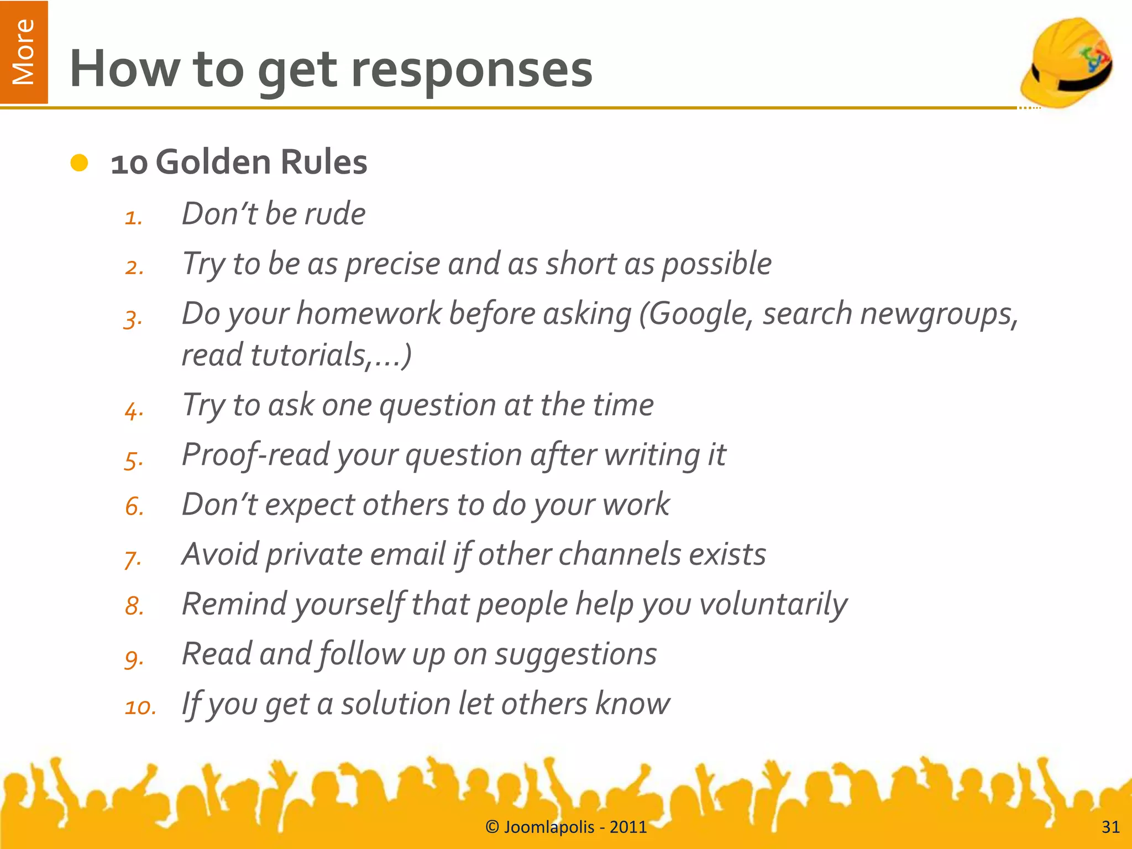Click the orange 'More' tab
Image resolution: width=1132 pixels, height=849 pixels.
[x=24, y=52]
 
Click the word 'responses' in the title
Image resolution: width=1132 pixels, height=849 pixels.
[x=471, y=70]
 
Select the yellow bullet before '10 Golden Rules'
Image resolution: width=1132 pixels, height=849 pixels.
[x=80, y=163]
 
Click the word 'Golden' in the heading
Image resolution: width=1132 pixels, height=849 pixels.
[x=213, y=163]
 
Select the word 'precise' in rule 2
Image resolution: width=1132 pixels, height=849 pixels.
[x=392, y=264]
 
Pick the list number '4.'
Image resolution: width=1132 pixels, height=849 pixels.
[x=134, y=411]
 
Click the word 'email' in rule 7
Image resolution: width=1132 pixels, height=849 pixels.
[x=407, y=554]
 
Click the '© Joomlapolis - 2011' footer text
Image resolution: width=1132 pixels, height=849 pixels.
[x=565, y=827]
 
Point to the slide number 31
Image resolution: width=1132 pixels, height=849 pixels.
[x=1110, y=827]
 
